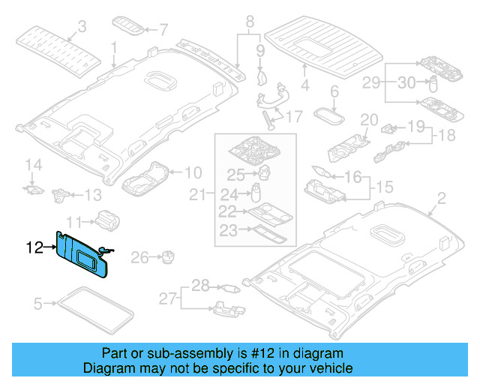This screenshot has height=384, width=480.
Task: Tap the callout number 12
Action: [x=34, y=246]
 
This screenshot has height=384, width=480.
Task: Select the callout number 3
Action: [x=82, y=26]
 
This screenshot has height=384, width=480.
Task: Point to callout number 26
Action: [x=140, y=259]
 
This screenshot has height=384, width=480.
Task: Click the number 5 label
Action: [x=37, y=304]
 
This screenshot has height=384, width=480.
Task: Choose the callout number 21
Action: [x=196, y=196]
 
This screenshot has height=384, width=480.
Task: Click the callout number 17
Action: [x=293, y=116]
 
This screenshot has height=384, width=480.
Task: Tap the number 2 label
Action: [x=441, y=198]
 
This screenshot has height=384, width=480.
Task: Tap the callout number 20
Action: [x=369, y=120]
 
